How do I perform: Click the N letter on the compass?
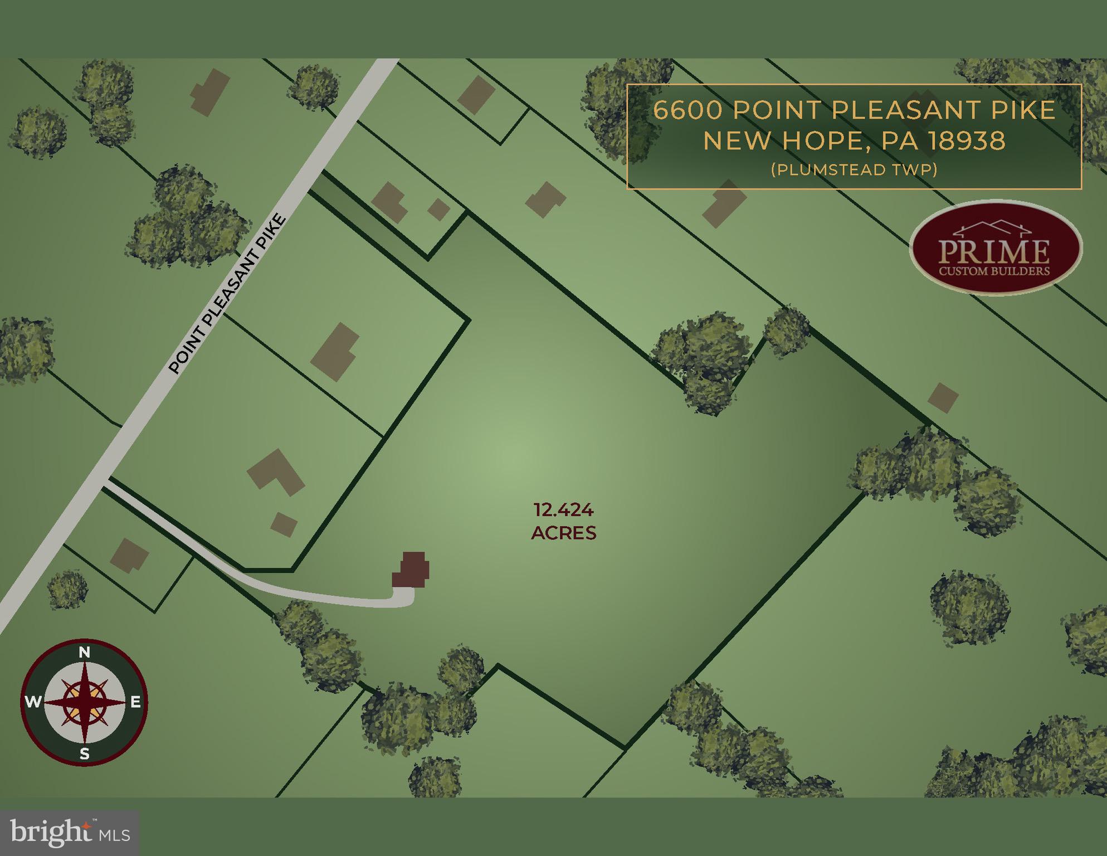84,653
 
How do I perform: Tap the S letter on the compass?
84,754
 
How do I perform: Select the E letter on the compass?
135,703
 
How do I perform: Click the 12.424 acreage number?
563,510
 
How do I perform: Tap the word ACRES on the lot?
563,533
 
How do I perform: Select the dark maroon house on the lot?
412,570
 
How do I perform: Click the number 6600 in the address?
687,110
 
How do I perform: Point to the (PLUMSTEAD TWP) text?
854,169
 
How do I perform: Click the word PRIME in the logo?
994,252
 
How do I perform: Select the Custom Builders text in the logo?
994,271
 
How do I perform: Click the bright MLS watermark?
70,833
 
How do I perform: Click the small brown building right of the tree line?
943,398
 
